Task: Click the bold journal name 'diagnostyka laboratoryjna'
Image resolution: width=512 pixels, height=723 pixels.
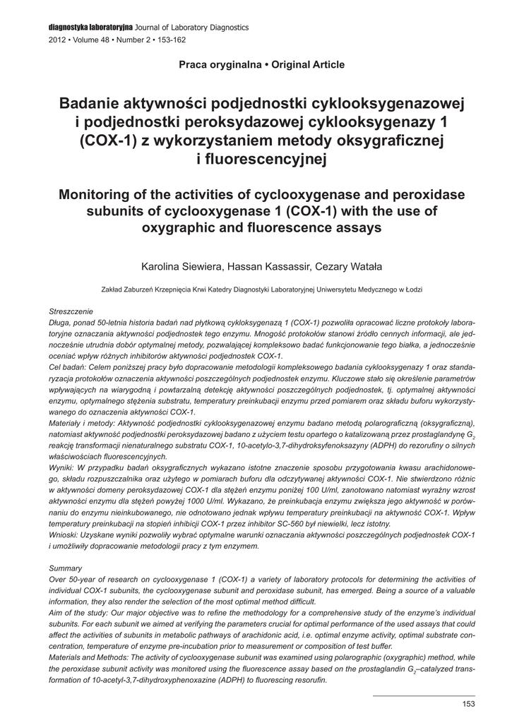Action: tap(88, 28)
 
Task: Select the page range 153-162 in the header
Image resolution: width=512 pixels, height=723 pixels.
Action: tap(171, 40)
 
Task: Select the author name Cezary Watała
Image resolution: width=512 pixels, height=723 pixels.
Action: tap(348, 267)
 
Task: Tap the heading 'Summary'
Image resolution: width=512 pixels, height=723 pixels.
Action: tap(66, 568)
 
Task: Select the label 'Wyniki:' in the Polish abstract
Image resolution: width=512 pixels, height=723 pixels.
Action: tap(63, 468)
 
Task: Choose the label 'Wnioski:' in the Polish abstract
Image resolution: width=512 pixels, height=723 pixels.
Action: tap(65, 535)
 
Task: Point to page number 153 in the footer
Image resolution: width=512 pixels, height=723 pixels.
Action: tap(468, 703)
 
